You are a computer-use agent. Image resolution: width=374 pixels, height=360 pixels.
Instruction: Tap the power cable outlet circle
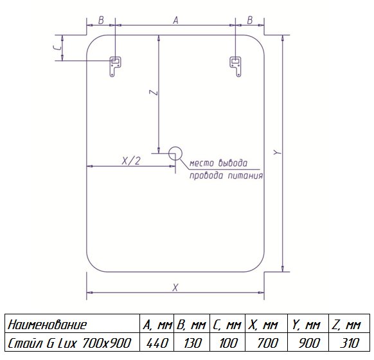coord(175,154)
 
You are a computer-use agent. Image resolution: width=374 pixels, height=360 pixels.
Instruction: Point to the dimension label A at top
coord(175,21)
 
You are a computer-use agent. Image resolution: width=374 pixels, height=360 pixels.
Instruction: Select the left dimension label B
coord(101,21)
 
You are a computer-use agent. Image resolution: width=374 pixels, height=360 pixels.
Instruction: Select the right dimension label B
coord(249,21)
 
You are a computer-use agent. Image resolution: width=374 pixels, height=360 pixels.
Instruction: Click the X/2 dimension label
coord(131,161)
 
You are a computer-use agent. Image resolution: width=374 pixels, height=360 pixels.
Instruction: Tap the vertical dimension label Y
coord(278,152)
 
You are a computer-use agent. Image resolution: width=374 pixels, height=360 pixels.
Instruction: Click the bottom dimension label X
coord(175,287)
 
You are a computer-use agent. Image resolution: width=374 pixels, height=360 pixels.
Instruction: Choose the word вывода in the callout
coord(233,163)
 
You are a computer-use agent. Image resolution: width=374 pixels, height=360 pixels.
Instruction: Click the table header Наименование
coord(47,325)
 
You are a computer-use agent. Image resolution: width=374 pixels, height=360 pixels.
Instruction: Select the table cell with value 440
coord(157,343)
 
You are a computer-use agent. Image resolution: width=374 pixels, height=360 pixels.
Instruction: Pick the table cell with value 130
coord(192,343)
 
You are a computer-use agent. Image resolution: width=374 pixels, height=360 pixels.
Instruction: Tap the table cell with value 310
coord(349,343)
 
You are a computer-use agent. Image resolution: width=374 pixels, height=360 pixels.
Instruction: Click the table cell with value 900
coord(308,343)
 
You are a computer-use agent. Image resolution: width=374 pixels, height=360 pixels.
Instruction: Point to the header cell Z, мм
coord(346,325)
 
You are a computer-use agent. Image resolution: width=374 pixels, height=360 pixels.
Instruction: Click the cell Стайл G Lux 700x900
coord(69,343)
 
